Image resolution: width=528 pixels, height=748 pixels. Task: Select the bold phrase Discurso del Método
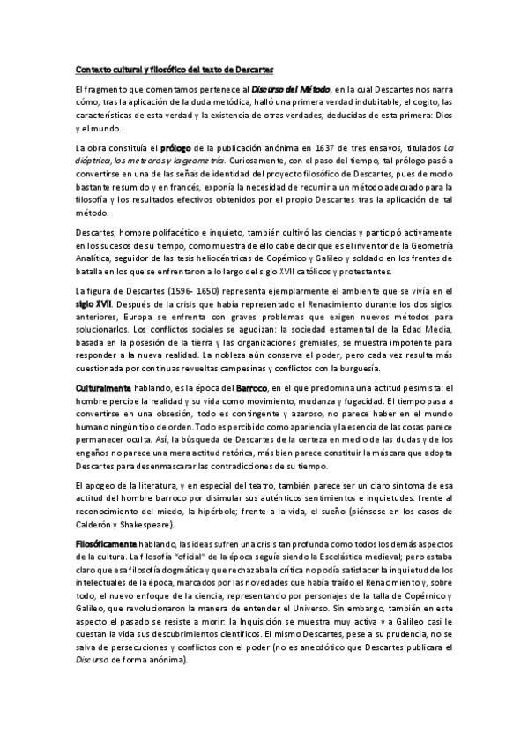(x=291, y=89)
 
